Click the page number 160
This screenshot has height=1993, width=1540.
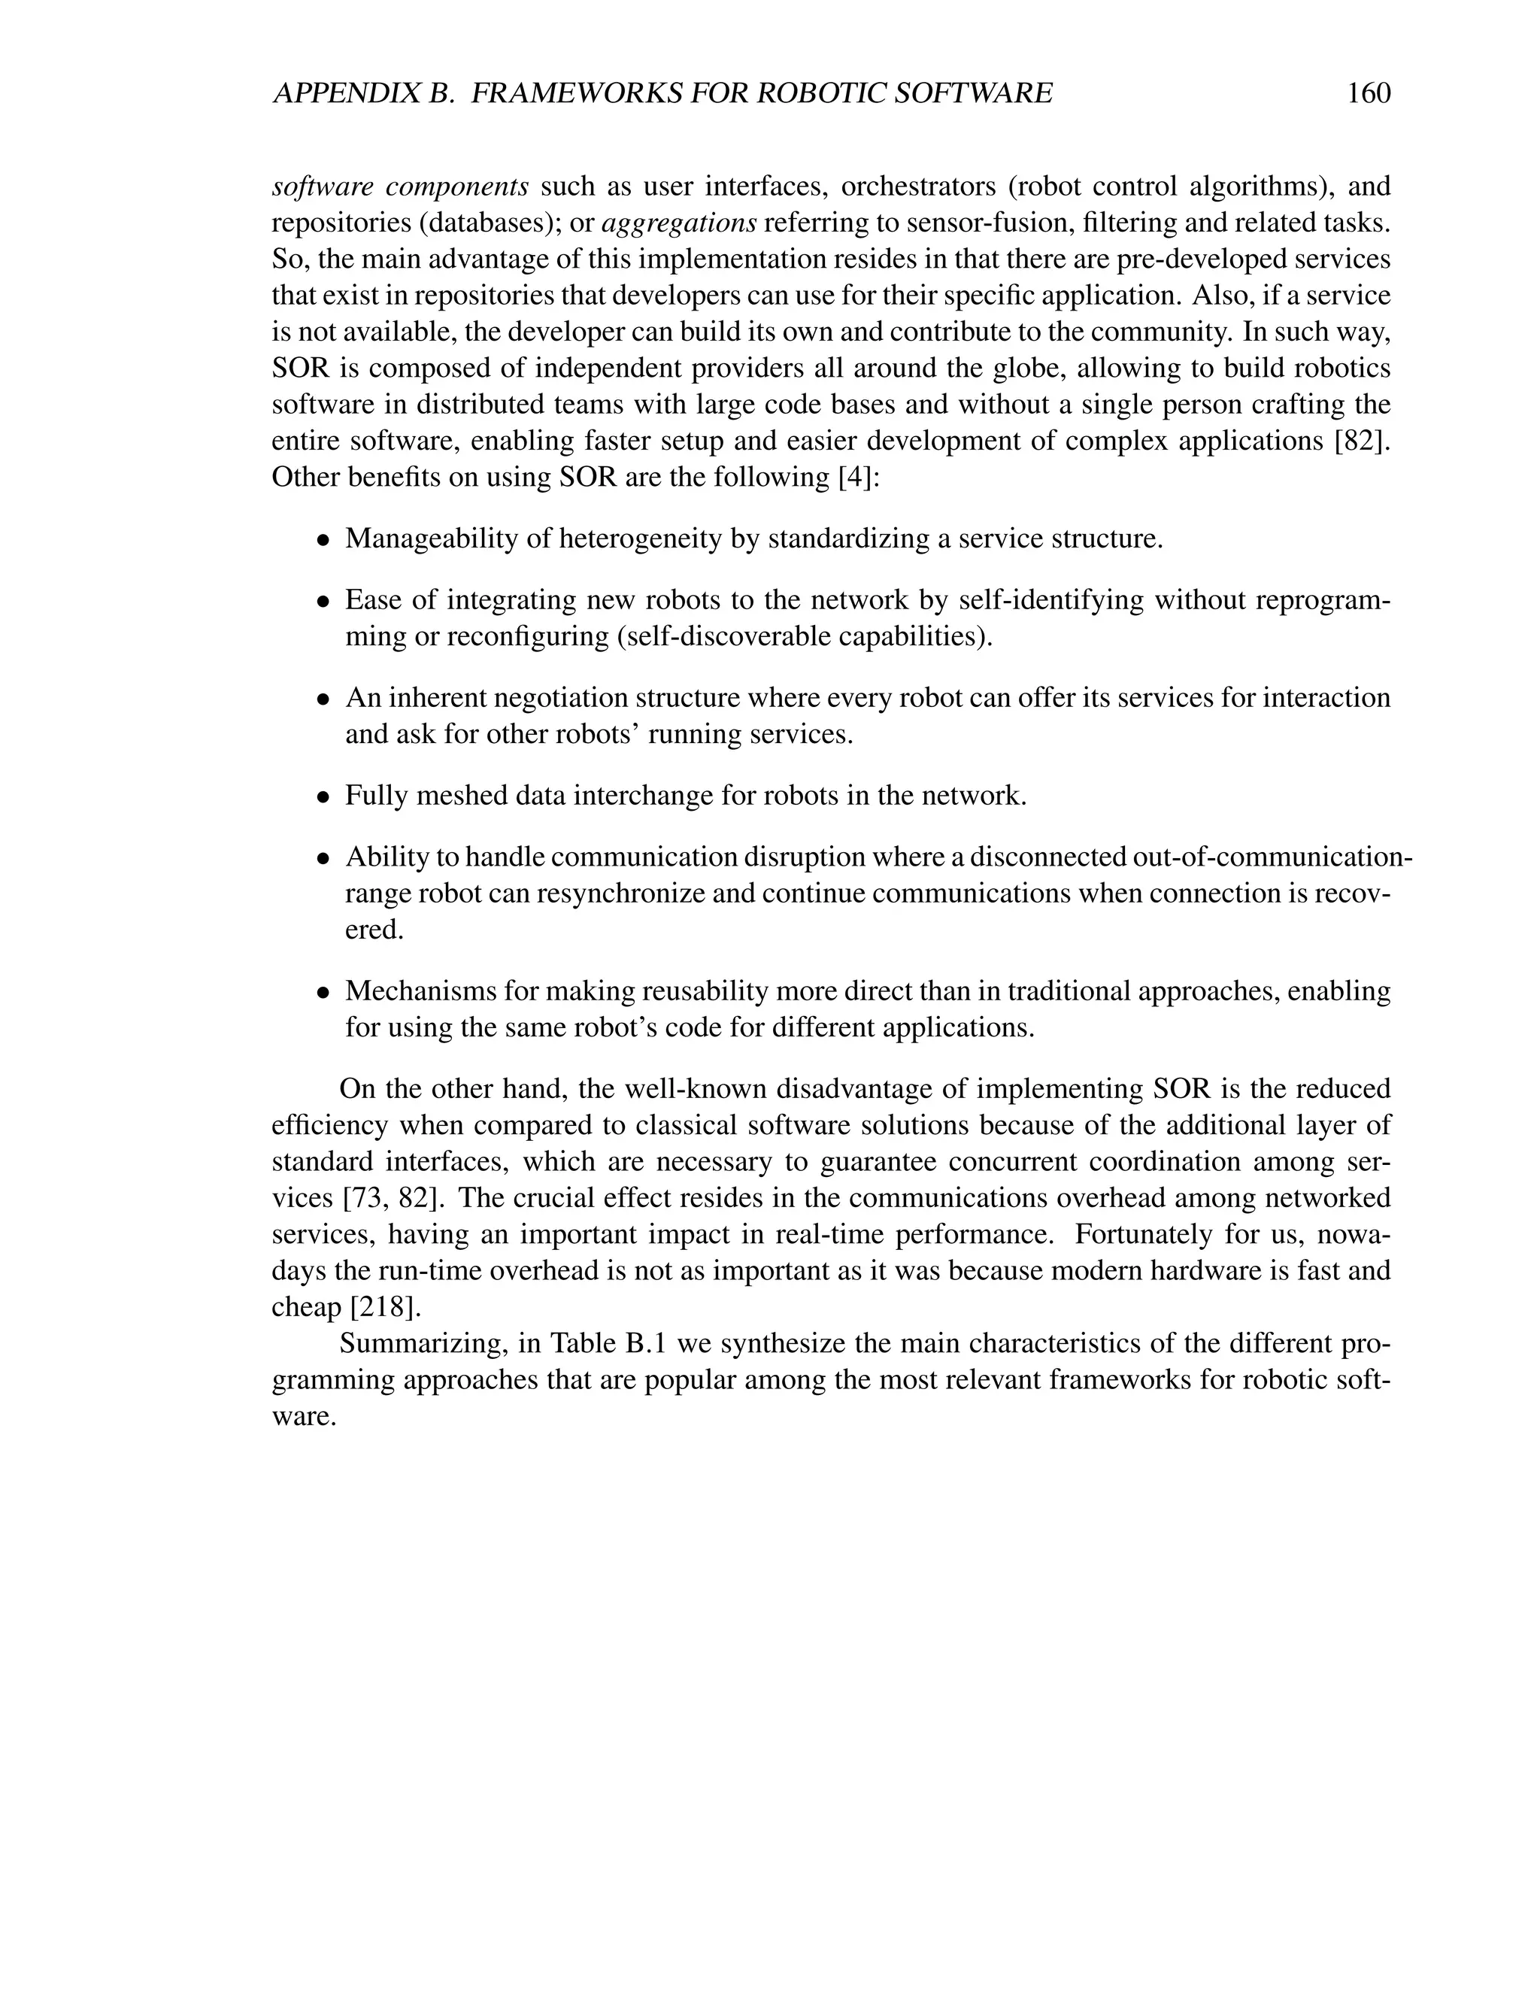pos(1369,93)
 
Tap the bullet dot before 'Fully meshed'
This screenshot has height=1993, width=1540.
pos(322,796)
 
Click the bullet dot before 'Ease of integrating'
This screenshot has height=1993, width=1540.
pos(322,602)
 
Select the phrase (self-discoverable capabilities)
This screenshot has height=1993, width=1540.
pos(805,636)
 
